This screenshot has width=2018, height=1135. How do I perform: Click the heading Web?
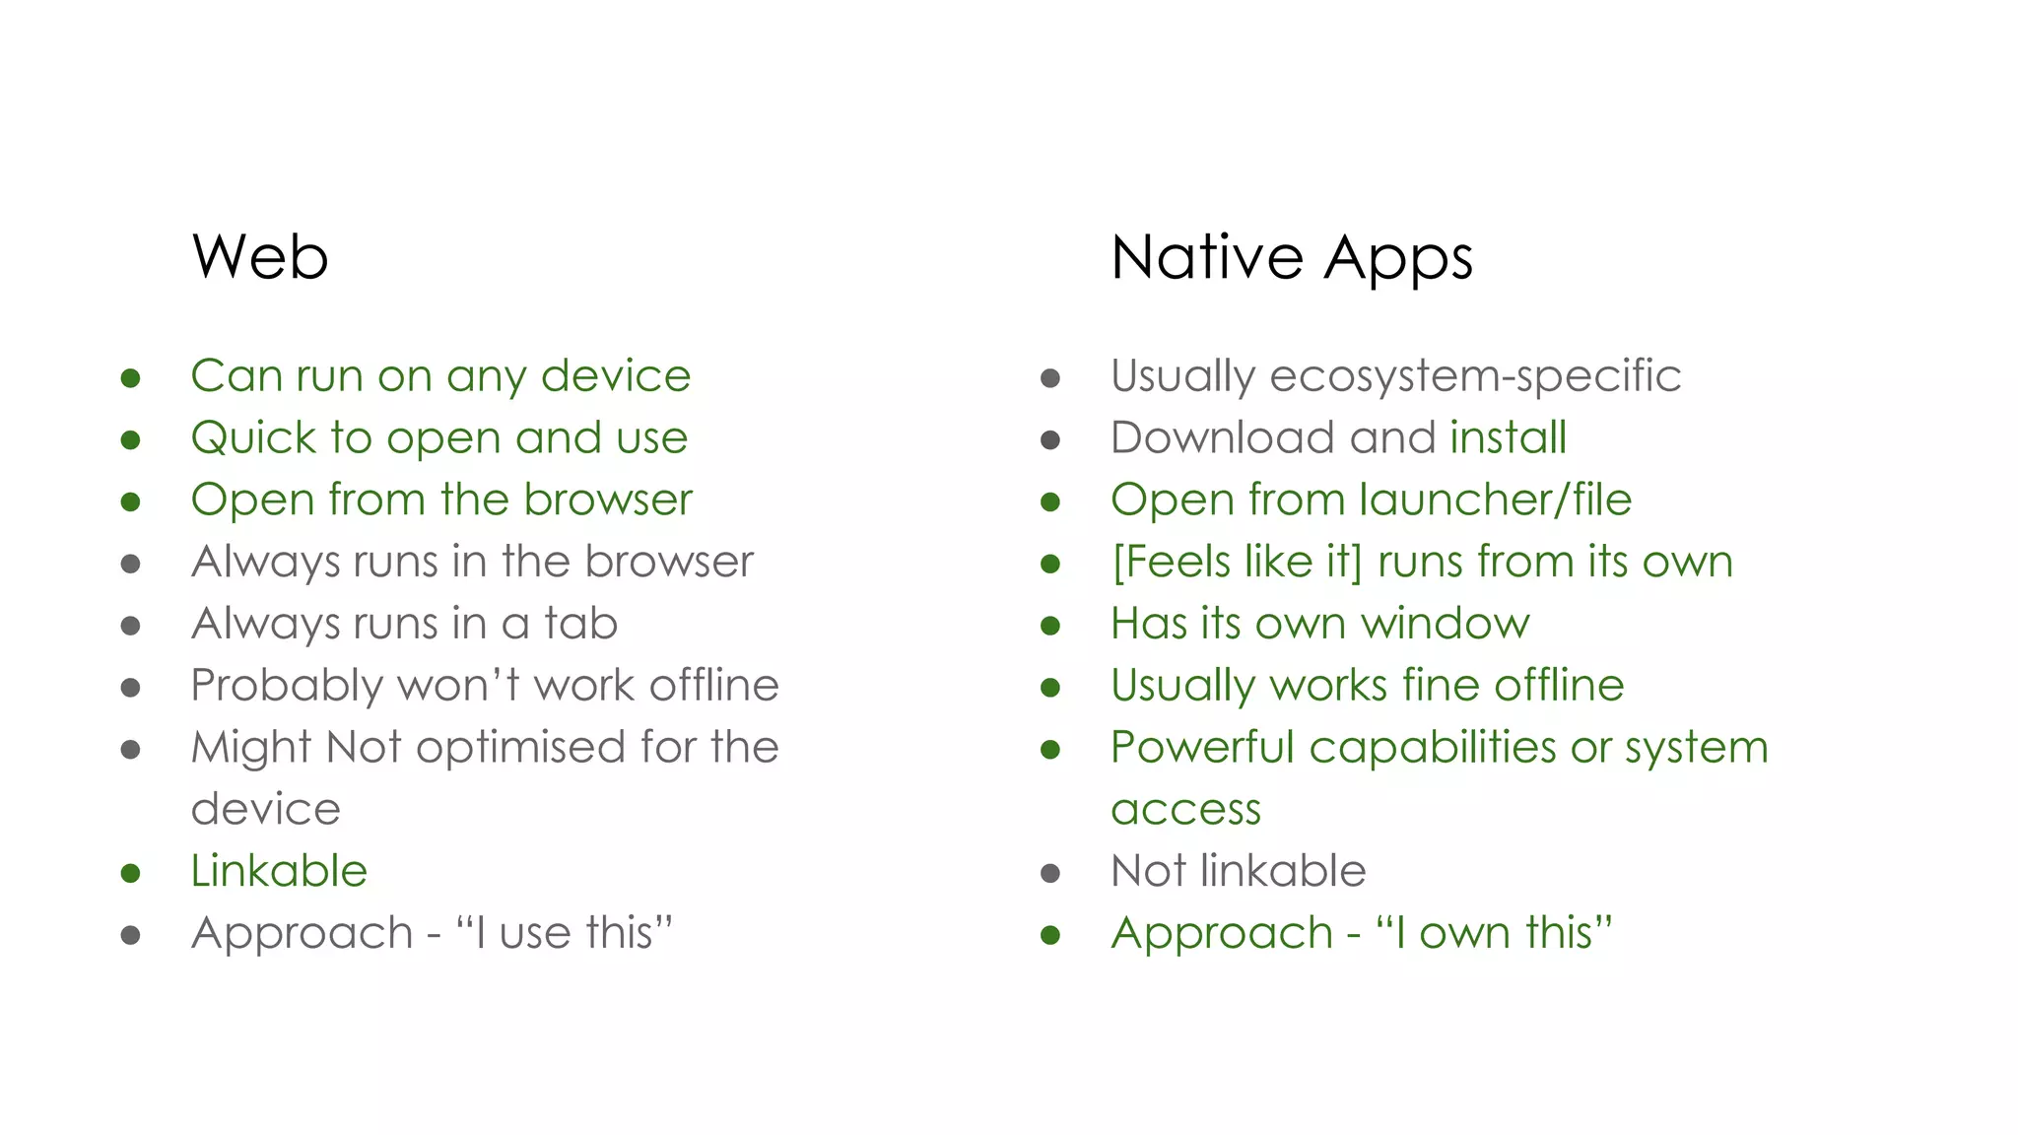click(260, 257)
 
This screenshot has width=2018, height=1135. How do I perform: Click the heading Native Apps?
click(1291, 258)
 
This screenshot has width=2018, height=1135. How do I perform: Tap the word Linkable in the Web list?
click(279, 871)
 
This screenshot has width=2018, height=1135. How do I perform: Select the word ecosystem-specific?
click(1475, 376)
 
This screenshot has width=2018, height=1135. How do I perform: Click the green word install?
click(1508, 437)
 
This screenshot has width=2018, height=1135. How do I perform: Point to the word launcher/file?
click(1495, 500)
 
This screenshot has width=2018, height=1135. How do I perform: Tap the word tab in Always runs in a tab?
click(580, 624)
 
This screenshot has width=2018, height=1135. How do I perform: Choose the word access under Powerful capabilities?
click(1185, 810)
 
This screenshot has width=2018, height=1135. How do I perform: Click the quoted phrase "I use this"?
click(564, 933)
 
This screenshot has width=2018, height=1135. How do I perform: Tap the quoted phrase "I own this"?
click(1494, 933)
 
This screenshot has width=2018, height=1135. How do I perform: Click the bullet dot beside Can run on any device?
click(130, 378)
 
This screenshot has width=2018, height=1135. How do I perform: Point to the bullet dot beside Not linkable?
click(1050, 873)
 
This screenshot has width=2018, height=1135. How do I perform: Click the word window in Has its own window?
click(1445, 624)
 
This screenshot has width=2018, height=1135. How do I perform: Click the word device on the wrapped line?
click(265, 810)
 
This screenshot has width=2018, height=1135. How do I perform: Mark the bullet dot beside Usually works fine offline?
click(1050, 688)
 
